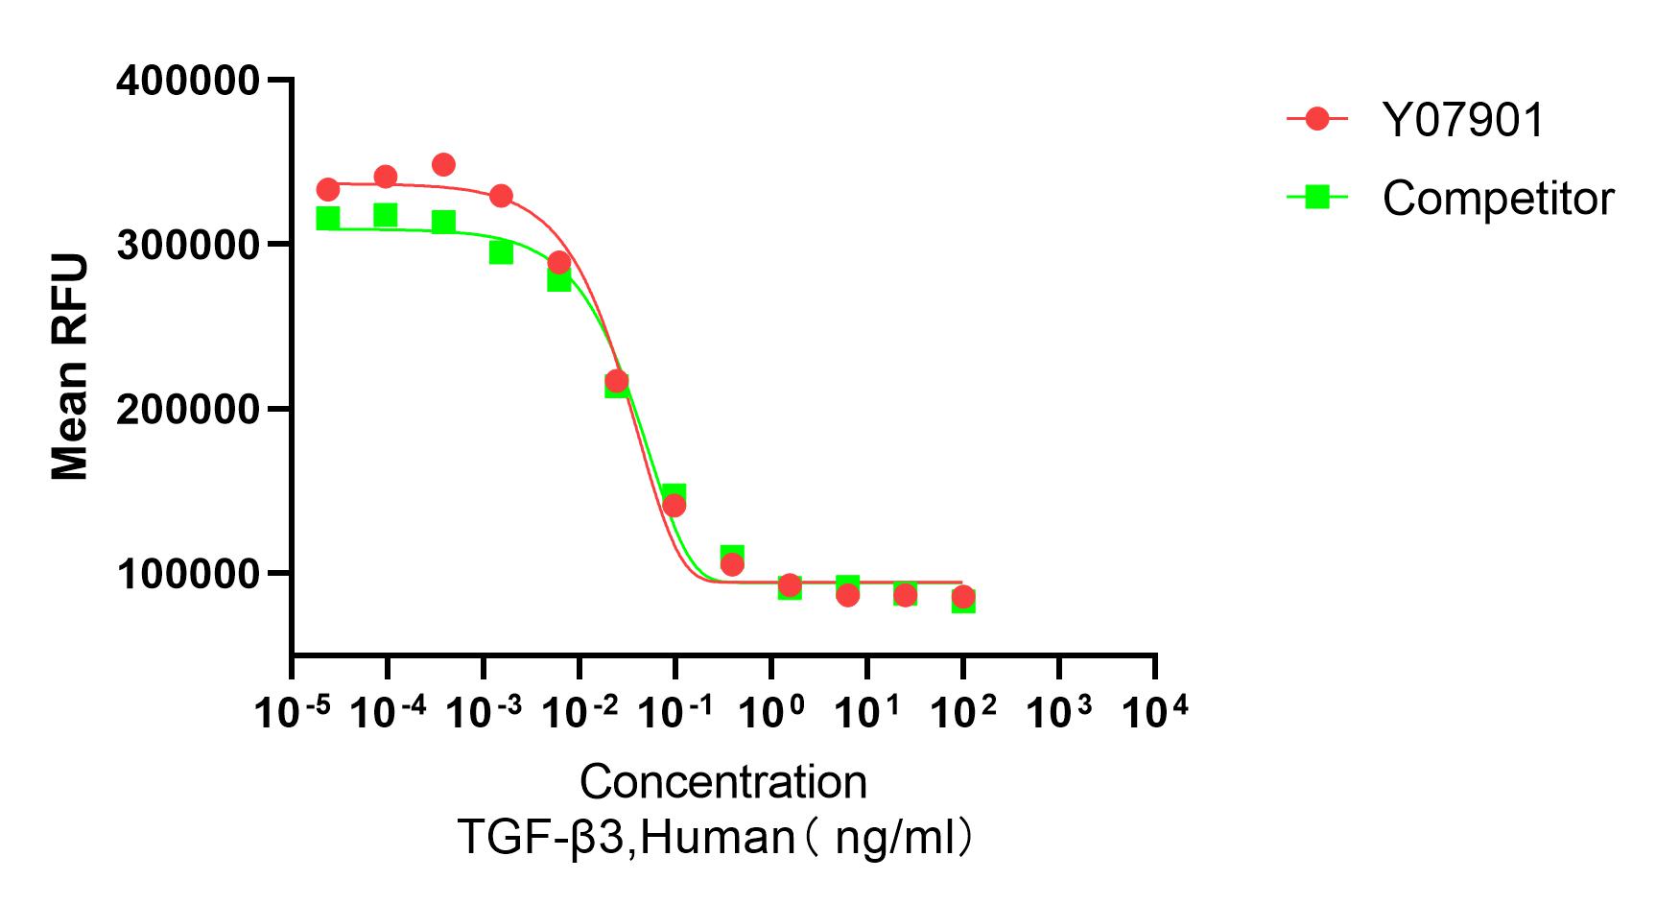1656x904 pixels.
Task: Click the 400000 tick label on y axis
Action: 188,81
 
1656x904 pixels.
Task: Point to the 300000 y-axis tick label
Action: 188,246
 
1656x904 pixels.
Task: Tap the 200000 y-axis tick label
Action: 188,410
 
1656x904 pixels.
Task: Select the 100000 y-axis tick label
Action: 188,574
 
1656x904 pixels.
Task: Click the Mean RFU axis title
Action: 70,367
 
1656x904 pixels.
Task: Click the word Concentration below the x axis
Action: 722,782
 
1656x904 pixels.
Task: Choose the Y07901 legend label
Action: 1463,121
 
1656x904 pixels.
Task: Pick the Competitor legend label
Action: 1498,199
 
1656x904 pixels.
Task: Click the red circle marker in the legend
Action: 1317,119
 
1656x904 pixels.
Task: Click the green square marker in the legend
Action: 1317,197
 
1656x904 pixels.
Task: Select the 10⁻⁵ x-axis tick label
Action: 292,712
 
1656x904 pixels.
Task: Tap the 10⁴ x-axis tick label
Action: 1155,712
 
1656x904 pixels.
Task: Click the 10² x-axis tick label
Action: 963,712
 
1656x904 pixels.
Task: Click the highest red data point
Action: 443,165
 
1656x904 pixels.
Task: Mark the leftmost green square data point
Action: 328,219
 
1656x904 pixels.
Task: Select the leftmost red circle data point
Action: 328,189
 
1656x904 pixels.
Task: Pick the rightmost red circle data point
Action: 963,596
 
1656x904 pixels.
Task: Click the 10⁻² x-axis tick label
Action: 580,712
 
